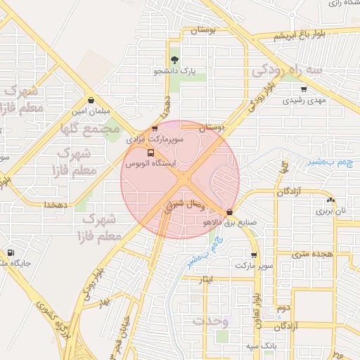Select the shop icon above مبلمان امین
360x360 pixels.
[91, 99]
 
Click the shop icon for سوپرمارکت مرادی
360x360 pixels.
[155, 129]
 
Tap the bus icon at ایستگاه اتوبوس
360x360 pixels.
[150, 152]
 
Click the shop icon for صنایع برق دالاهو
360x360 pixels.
[229, 210]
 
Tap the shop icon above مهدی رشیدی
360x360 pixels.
[304, 89]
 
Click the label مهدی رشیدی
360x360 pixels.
[305, 101]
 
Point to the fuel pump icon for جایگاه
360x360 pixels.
[10, 252]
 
